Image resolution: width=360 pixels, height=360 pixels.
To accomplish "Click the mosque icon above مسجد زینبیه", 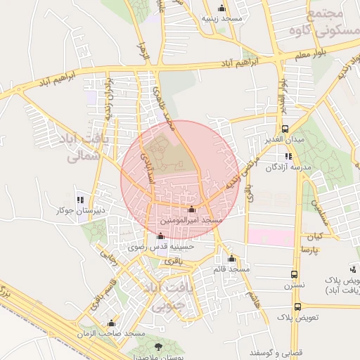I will tap(223, 8).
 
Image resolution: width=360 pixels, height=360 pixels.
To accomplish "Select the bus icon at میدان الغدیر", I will tap(285, 129).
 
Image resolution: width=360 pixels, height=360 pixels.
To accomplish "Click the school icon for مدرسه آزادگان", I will tap(288, 157).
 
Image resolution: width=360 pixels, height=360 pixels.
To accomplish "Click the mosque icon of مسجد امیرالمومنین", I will tap(192, 210).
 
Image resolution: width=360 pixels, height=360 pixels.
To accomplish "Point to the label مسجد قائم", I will tap(232, 269).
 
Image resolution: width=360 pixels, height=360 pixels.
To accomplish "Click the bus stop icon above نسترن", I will tap(294, 275).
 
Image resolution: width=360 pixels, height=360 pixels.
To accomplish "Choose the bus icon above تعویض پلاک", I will tap(297, 307).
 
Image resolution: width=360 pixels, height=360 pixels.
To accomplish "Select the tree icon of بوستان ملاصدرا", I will tap(157, 346).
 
